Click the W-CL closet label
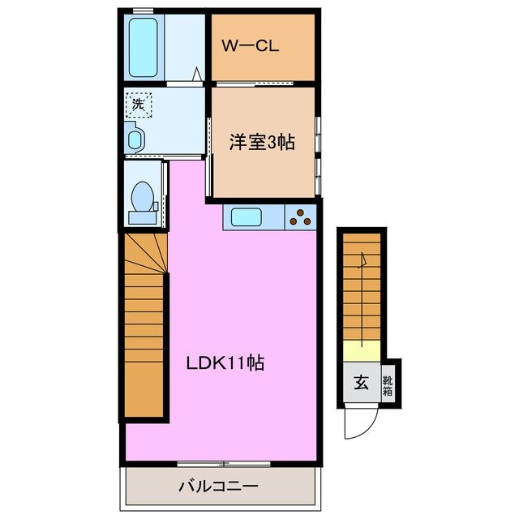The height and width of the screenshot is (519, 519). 251,46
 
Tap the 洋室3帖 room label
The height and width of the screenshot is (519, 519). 261,143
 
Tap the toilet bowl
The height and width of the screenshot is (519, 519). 143,195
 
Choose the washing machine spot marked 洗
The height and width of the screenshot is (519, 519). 138,104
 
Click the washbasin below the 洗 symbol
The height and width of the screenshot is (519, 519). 135,138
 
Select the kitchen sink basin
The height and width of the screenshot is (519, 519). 246,217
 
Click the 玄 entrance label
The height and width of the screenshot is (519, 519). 361,383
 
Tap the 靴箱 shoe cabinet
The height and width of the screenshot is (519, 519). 388,383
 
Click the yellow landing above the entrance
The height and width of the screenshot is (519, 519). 360,351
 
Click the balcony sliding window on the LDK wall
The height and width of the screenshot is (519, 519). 223,463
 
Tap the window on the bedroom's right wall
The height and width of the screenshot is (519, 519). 319,150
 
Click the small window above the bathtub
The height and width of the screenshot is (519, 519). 144,10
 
